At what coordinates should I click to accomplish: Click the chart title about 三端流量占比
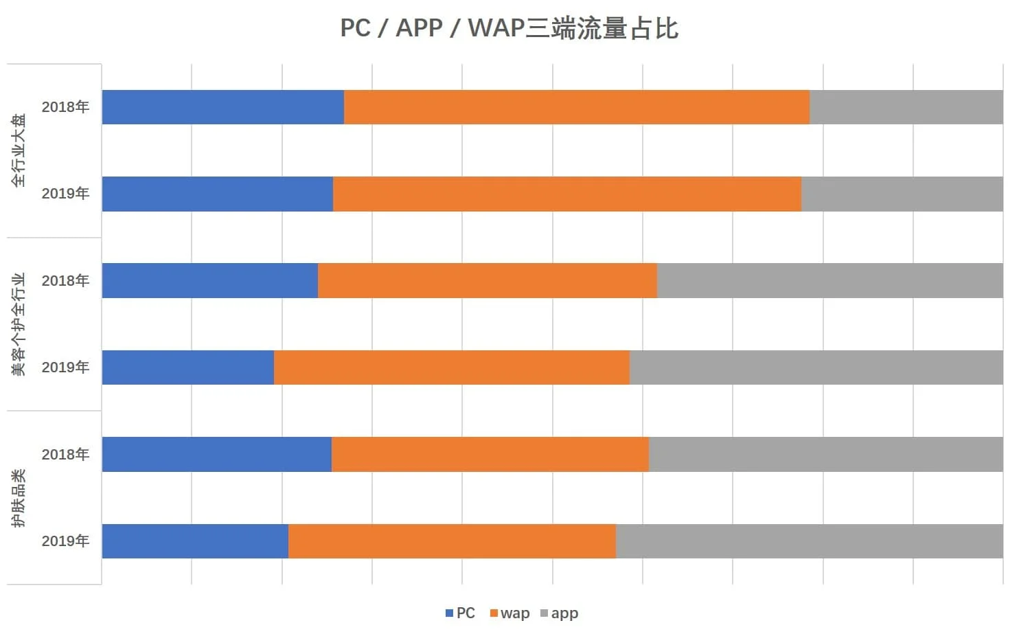[509, 29]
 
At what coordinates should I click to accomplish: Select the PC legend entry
[460, 613]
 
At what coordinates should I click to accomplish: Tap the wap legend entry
[509, 613]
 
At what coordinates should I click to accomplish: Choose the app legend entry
[560, 613]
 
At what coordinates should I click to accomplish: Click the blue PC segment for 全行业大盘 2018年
[222, 107]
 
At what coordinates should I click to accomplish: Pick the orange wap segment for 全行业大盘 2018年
[576, 107]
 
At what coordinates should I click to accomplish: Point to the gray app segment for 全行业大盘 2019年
[902, 194]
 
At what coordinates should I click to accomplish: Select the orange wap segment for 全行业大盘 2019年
[566, 194]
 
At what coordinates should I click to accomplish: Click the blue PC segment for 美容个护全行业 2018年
[209, 281]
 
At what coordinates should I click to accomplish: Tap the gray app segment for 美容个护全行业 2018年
[829, 281]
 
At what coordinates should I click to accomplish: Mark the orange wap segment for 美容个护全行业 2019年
[451, 367]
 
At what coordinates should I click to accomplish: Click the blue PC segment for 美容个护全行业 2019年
[187, 367]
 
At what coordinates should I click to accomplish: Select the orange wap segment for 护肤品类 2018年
[490, 455]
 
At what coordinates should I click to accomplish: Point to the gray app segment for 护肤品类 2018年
[825, 455]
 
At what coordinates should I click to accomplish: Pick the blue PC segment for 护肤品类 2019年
[195, 541]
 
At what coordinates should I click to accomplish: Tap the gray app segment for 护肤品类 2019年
[809, 541]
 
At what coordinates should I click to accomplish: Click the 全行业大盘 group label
[19, 150]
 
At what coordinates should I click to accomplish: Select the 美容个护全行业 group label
[19, 324]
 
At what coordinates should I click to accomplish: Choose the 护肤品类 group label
[19, 498]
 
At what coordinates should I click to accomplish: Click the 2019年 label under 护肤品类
[65, 541]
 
